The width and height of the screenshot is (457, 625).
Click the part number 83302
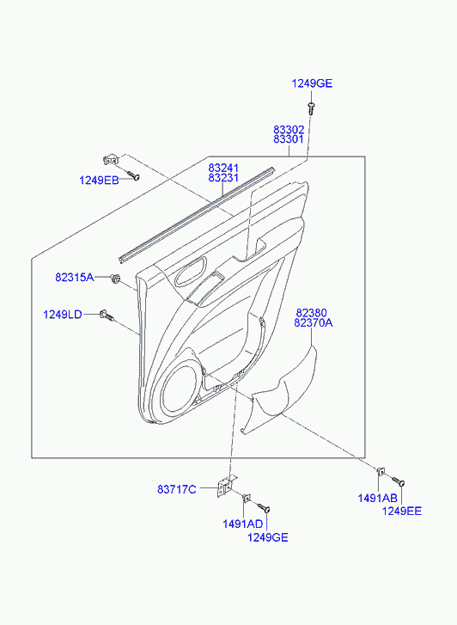289,130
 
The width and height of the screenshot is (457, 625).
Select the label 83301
289,139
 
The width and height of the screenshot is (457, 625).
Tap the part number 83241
223,169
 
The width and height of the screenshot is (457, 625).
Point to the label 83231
223,178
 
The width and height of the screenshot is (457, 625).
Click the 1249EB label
99,181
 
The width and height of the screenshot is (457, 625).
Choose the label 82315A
75,278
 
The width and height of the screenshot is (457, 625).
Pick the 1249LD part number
63,315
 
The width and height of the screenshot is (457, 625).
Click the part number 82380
311,313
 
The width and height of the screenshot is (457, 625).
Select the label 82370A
314,322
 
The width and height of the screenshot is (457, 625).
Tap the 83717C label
177,489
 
